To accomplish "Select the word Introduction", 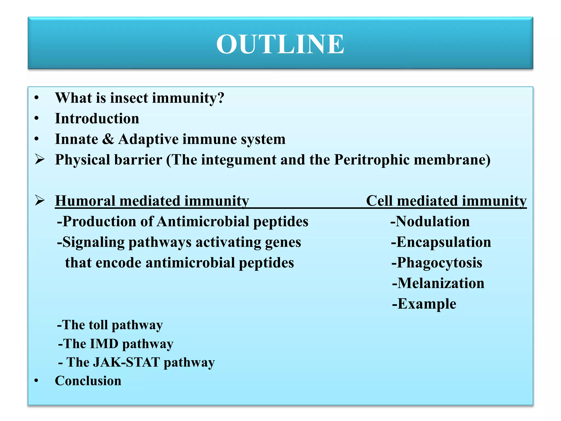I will click(97, 118).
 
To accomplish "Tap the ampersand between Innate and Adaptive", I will click(108, 139).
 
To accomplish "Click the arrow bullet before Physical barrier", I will click(40, 159).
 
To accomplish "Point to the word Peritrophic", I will click(372, 160).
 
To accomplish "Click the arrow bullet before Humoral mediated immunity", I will click(40, 200).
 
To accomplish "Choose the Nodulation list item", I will click(430, 221).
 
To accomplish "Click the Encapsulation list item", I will click(441, 242).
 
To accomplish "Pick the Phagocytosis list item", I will click(437, 263).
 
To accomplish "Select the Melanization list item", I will click(438, 283).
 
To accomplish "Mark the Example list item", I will click(424, 304).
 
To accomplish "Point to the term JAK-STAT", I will click(127, 362).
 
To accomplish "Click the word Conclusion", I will click(88, 381).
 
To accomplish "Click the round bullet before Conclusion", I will click(36, 381).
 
